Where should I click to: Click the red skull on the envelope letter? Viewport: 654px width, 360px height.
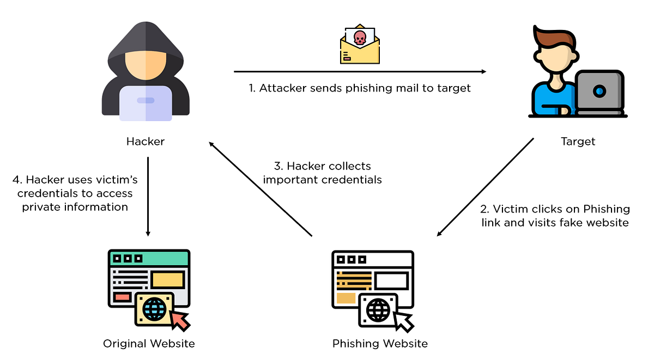360,38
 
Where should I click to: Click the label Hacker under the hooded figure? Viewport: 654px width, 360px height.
146,142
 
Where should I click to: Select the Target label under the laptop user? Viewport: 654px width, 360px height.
578,142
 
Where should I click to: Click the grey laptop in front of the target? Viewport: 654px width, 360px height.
599,91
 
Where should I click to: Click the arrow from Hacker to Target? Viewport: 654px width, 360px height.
360,71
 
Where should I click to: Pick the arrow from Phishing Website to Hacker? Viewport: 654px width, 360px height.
261,188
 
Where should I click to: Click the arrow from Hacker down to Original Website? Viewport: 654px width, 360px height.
148,196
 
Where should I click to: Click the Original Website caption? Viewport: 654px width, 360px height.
149,344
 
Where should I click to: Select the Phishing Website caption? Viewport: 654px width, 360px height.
380,344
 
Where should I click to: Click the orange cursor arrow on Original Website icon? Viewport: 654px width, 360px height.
180,320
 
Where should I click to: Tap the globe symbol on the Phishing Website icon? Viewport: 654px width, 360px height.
378,310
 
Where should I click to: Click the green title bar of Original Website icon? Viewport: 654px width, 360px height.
149,258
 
